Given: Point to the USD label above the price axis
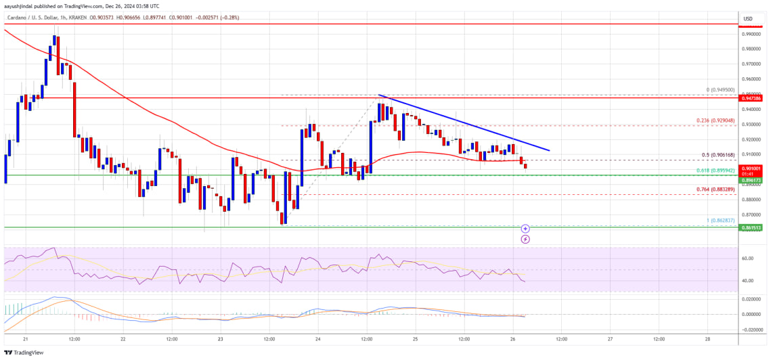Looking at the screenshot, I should (748, 18).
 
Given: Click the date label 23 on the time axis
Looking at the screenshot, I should (221, 338).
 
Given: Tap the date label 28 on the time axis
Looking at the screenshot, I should (707, 338).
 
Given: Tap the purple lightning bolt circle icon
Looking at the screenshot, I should (525, 239).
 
